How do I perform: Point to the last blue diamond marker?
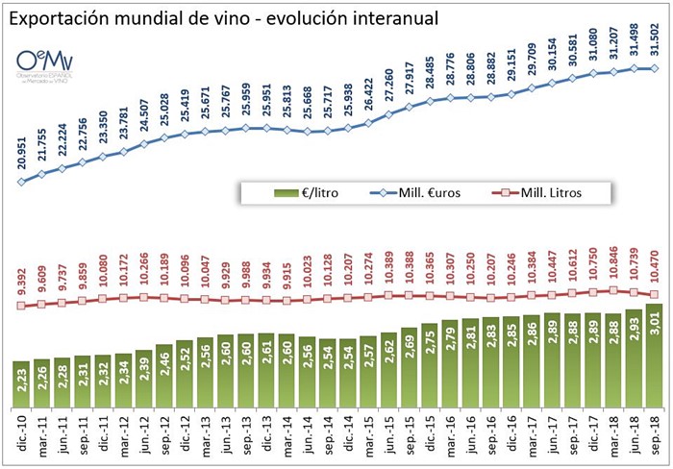click(655, 68)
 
